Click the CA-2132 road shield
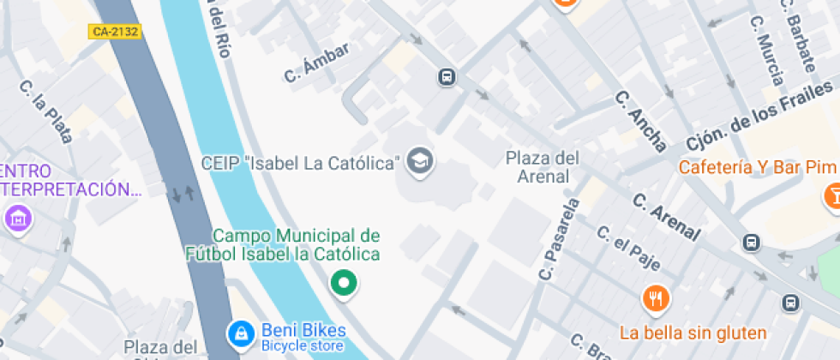click(x=114, y=32)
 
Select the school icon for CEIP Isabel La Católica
click(x=420, y=160)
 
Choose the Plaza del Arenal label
click(x=543, y=167)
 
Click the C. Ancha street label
click(x=641, y=121)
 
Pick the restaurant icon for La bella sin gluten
click(x=656, y=299)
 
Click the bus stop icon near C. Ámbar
click(x=447, y=77)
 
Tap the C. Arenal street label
click(x=666, y=216)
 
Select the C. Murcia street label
click(x=766, y=51)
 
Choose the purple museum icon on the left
click(x=17, y=218)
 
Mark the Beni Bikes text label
click(x=291, y=330)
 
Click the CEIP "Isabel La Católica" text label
click(x=301, y=162)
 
